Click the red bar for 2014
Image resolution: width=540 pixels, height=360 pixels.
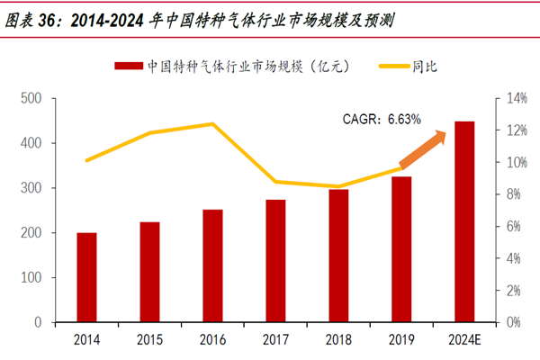click(x=86, y=277)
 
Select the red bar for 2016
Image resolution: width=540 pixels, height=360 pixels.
click(x=212, y=265)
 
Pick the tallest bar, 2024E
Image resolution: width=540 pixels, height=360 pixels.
click(x=464, y=221)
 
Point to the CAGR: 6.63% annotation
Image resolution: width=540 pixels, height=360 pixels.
click(x=382, y=118)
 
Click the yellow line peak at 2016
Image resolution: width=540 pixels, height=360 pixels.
click(x=212, y=124)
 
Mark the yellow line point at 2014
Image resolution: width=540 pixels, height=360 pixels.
click(x=86, y=160)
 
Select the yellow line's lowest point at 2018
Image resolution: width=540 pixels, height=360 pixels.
click(x=338, y=186)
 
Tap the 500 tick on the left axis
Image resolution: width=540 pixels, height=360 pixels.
click(x=31, y=98)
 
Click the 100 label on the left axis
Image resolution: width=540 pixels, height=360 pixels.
click(x=31, y=277)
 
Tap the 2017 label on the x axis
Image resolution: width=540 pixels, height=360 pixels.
click(x=275, y=339)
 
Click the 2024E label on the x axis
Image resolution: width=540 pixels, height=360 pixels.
click(x=464, y=339)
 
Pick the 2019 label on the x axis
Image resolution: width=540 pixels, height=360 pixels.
click(x=401, y=339)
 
